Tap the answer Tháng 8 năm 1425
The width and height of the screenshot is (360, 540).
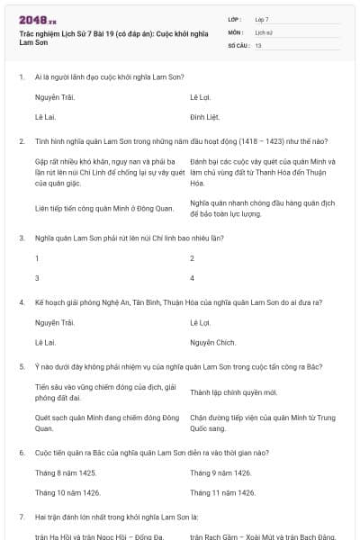point(65,472)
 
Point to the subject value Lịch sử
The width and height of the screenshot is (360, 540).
point(264,31)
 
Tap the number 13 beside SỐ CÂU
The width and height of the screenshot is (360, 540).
point(258,44)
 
